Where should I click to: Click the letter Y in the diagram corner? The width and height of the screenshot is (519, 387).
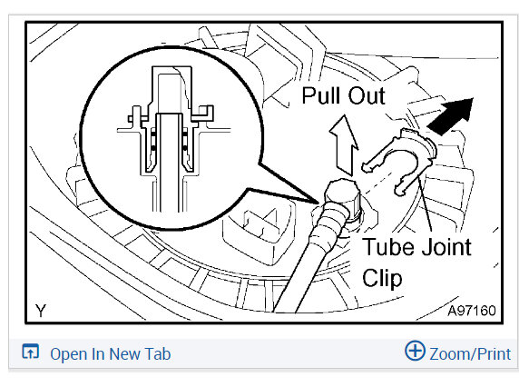click(x=41, y=311)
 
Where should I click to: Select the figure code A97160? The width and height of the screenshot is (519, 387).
click(x=471, y=311)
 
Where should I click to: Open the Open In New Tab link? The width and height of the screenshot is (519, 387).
click(x=110, y=354)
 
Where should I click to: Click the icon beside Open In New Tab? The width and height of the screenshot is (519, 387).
click(x=31, y=353)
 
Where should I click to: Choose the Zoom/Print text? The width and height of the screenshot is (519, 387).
click(x=470, y=354)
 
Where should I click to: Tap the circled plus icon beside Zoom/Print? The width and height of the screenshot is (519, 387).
click(x=415, y=353)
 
